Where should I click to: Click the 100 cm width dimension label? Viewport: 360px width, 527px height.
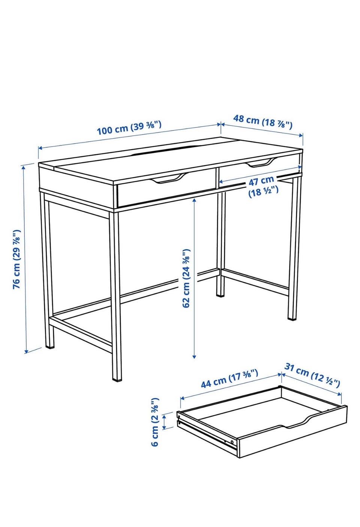click(x=129, y=127)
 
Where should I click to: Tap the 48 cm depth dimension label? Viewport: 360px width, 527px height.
click(x=263, y=122)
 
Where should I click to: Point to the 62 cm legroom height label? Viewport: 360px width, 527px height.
click(x=186, y=278)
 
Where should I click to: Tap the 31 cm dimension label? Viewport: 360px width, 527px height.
click(x=312, y=375)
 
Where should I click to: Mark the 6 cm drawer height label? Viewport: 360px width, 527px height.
click(x=155, y=422)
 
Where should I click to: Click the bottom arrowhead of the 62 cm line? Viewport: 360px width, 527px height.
click(x=194, y=357)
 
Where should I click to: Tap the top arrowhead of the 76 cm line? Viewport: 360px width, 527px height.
click(x=23, y=168)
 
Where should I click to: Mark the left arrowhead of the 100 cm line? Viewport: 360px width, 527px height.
click(x=40, y=148)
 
